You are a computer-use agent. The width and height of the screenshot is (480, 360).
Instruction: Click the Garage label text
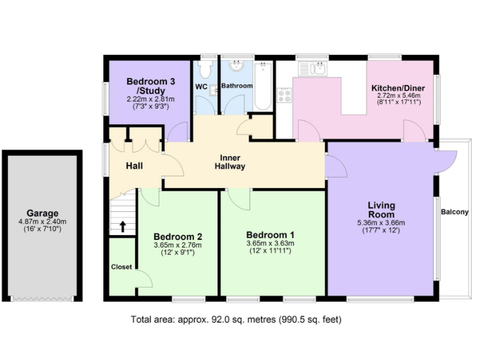[42, 213]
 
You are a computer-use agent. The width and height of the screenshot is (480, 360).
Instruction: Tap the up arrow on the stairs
[123, 226]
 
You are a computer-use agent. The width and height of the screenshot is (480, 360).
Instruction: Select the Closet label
[121, 267]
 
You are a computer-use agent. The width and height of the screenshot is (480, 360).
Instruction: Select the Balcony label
[454, 212]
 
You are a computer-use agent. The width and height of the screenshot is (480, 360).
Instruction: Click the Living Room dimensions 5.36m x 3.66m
[381, 223]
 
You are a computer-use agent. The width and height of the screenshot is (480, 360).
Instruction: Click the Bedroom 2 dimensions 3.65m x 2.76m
[177, 245]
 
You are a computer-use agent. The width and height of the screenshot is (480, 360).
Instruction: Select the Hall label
[134, 166]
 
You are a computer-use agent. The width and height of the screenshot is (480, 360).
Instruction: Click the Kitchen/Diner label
[398, 88]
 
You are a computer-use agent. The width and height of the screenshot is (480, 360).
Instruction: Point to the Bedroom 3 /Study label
[150, 86]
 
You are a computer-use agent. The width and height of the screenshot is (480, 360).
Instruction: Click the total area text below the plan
[236, 320]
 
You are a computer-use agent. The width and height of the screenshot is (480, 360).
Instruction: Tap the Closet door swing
[144, 279]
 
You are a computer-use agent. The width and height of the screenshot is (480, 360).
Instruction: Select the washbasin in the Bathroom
[237, 66]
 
